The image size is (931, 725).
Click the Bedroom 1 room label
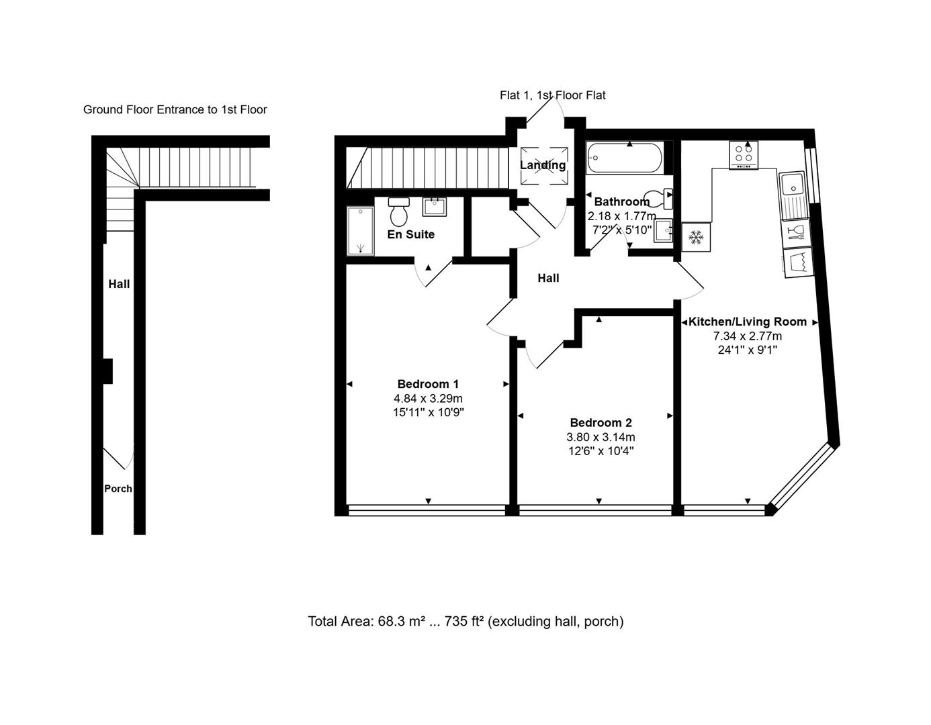(428, 384)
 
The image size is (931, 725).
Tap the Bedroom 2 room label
(601, 423)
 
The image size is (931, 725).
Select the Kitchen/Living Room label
(747, 322)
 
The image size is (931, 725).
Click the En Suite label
(410, 234)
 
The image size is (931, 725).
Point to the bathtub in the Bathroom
(624, 159)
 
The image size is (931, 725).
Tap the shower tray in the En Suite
(360, 231)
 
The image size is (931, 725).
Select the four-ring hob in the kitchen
(744, 155)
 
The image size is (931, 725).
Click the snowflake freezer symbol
(696, 237)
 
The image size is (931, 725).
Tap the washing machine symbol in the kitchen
(797, 262)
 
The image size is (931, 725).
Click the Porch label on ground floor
(118, 489)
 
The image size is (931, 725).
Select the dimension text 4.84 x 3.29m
(428, 399)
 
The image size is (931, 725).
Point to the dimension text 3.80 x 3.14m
(601, 438)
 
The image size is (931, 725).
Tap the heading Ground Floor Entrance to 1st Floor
(175, 109)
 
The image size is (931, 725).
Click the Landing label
(543, 165)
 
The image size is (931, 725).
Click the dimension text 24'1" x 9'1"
(747, 350)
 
